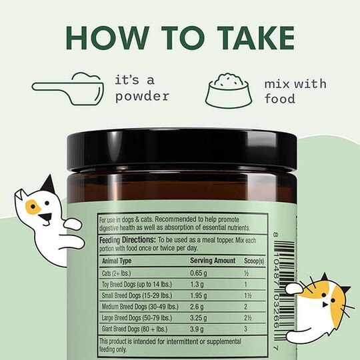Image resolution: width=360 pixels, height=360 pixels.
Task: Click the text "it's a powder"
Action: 141,89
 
